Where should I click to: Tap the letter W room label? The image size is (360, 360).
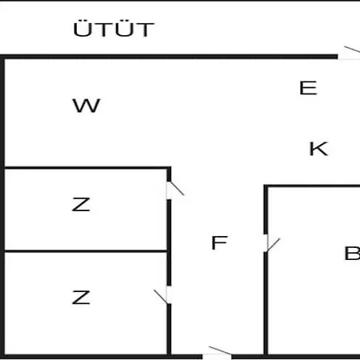[x=86, y=106]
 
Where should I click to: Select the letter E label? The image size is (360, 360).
[x=308, y=88]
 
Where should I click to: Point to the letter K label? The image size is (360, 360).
[x=318, y=149]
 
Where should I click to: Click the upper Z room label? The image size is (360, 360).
[x=81, y=205]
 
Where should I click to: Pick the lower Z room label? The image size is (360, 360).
[x=81, y=298]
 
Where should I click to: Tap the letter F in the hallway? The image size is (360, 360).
[x=219, y=242]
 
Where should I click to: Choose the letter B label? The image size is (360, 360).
[x=352, y=254]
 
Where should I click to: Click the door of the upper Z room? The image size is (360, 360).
[x=175, y=190]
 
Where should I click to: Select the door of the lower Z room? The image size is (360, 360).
[x=162, y=295]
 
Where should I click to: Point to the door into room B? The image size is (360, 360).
[x=272, y=243]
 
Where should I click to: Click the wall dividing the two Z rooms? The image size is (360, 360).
[x=86, y=251]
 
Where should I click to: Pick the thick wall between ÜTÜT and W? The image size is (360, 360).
[x=169, y=57]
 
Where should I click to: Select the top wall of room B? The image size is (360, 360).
[x=312, y=186]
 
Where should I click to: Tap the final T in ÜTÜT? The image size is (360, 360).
[x=146, y=30]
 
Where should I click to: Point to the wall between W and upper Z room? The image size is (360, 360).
[x=87, y=168]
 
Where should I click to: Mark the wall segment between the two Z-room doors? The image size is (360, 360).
[x=169, y=242]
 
